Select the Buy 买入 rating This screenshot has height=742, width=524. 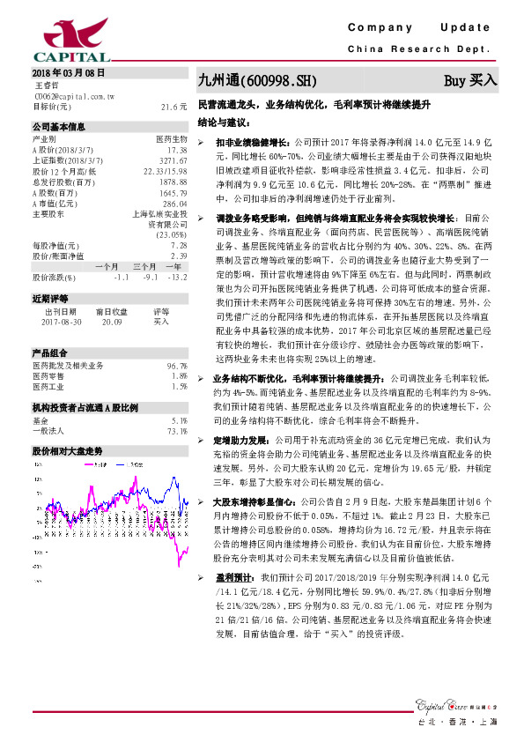pos(470,80)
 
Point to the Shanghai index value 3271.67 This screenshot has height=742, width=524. pos(173,161)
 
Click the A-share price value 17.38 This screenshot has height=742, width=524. pos(178,150)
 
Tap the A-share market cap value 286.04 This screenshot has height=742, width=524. pos(175,204)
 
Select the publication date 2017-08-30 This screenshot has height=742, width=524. pos(59,323)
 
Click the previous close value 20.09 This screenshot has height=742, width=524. pos(112,323)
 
